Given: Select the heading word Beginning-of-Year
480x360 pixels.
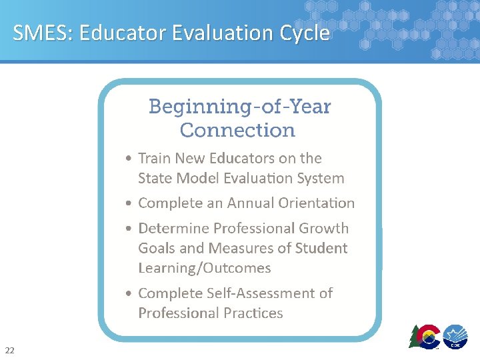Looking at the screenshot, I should (x=239, y=107).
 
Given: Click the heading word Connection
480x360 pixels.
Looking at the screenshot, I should (x=237, y=130).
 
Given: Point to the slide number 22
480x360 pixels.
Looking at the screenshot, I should (x=9, y=350).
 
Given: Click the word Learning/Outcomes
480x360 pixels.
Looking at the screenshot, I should (x=204, y=268).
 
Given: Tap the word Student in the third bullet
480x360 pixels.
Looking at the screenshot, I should (x=322, y=249).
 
